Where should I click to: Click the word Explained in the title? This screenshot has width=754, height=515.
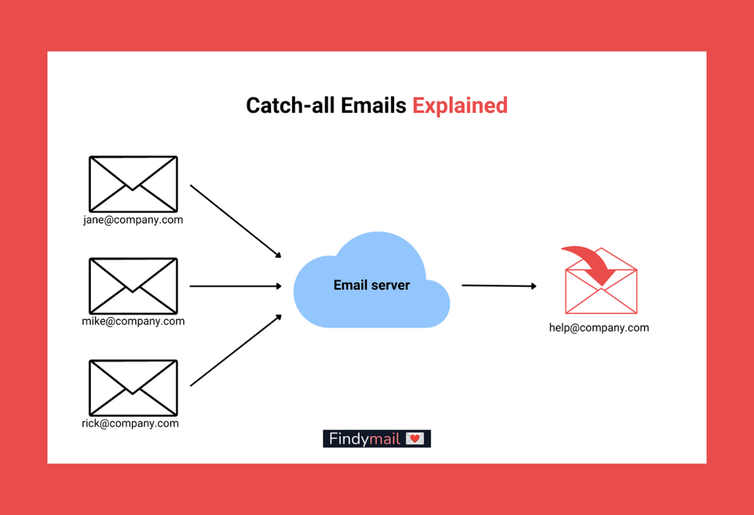click(x=460, y=106)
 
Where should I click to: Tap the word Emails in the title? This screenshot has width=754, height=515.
click(x=373, y=106)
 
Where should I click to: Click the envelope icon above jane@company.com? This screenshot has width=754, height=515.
click(x=133, y=184)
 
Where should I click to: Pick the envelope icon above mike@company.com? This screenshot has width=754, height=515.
click(x=133, y=286)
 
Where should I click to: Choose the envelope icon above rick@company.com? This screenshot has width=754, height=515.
click(x=133, y=388)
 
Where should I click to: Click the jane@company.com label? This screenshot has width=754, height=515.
click(x=133, y=220)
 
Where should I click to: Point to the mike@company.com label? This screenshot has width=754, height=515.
click(x=133, y=321)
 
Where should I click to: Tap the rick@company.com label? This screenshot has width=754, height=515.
click(x=130, y=424)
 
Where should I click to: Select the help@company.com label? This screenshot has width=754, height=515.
click(x=599, y=328)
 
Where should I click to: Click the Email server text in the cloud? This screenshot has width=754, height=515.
click(x=372, y=285)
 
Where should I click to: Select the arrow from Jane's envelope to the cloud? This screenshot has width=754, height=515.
click(x=236, y=221)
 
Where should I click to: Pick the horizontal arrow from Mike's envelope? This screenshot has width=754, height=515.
click(x=236, y=286)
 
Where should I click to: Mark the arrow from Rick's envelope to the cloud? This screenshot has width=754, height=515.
click(x=236, y=350)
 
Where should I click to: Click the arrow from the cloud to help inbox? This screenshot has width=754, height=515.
click(x=499, y=286)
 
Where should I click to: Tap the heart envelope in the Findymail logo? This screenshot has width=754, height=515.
click(x=415, y=439)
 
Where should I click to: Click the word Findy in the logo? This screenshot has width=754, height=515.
click(x=349, y=439)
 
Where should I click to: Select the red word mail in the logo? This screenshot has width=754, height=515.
click(x=385, y=439)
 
